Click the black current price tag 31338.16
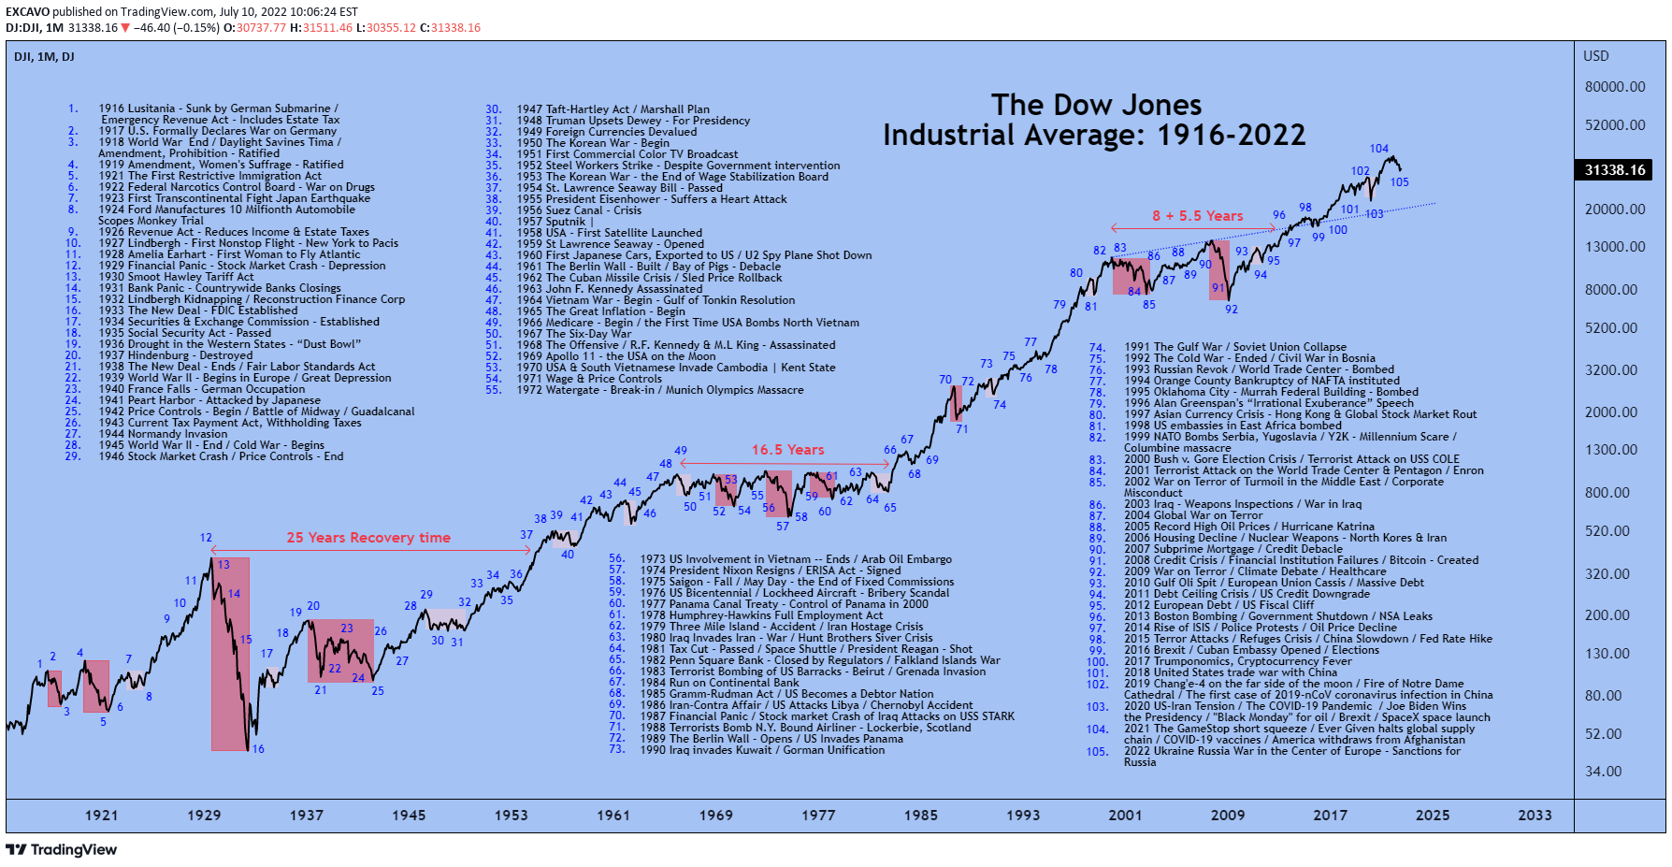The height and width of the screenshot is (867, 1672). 1615,170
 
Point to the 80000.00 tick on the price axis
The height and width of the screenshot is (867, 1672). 1615,87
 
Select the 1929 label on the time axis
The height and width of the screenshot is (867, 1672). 204,816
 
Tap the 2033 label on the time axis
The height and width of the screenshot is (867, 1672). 1535,816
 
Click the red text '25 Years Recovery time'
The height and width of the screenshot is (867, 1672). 368,538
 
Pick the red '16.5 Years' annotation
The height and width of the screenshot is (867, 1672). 788,450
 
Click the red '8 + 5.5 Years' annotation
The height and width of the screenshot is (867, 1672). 1197,216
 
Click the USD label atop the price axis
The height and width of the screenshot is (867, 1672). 1596,56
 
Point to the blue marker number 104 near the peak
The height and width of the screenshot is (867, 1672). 1379,149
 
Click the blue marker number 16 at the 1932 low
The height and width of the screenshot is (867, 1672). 258,749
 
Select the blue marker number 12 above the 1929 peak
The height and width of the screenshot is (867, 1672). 206,538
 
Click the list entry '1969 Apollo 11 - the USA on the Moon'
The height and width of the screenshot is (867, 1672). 617,356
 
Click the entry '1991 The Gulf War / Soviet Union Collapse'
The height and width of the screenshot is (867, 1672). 1235,347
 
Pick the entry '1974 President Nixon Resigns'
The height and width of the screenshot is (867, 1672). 771,571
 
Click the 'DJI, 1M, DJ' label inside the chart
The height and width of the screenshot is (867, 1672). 44,57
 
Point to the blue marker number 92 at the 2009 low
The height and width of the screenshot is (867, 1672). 1232,310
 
